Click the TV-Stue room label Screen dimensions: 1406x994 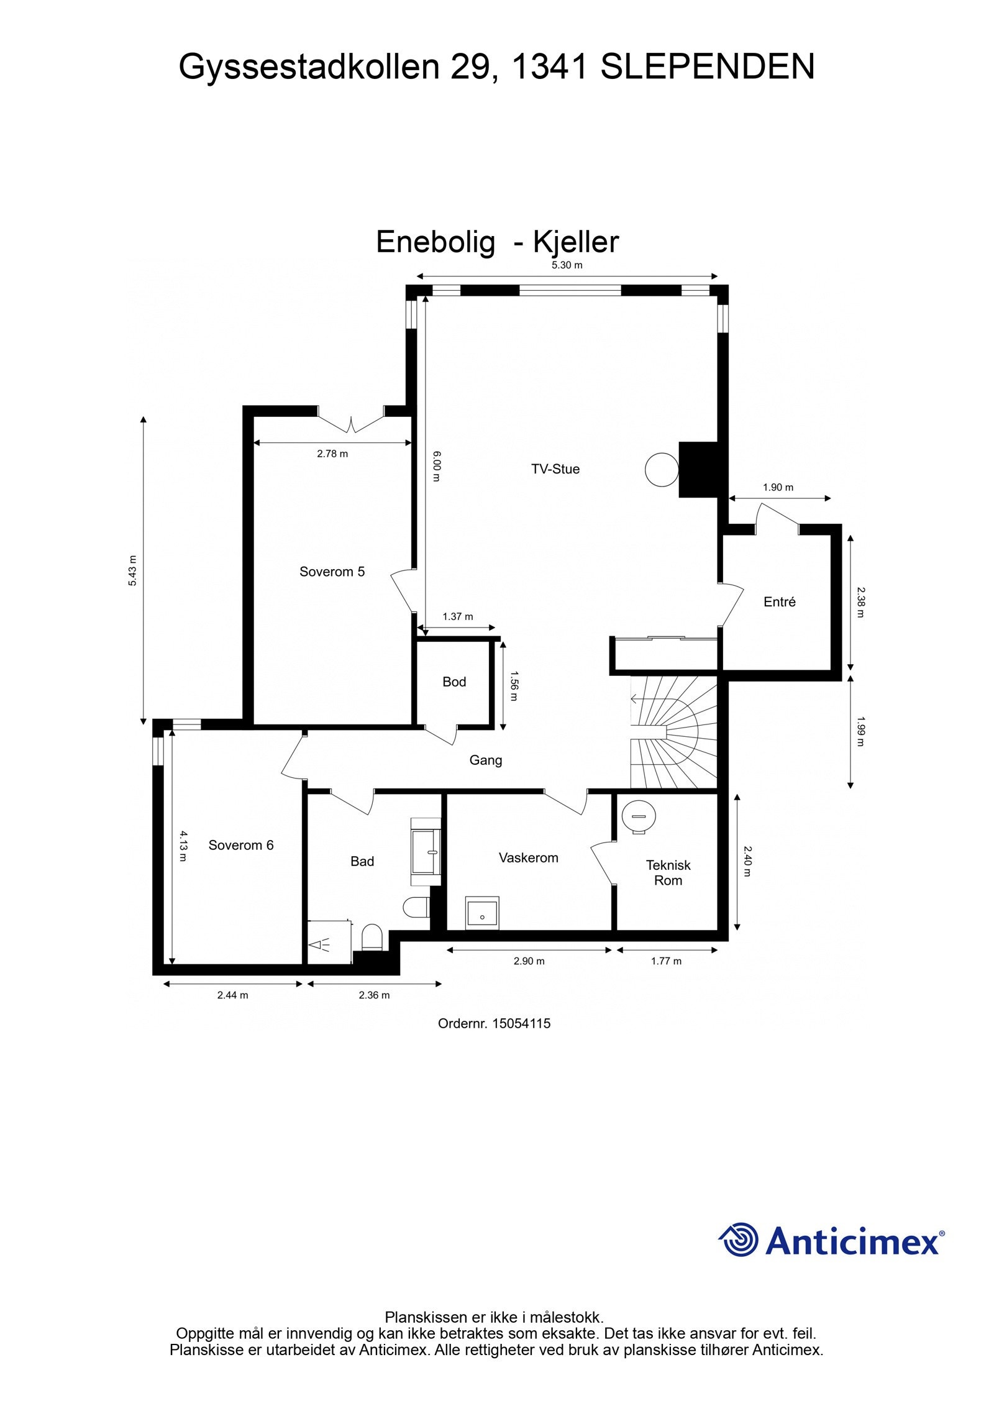point(555,469)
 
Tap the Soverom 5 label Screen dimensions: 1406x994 point(332,572)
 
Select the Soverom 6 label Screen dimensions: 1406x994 point(240,845)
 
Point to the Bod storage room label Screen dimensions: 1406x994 point(454,682)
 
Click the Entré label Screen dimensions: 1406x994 point(779,601)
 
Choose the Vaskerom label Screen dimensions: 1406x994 point(528,857)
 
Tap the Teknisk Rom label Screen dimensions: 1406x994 point(668,872)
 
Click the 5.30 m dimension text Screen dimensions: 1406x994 point(567,265)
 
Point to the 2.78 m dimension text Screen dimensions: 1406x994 point(332,454)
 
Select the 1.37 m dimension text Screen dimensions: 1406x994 point(457,616)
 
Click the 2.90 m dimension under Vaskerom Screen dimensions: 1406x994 point(529,961)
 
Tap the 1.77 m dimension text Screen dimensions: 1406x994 point(666,961)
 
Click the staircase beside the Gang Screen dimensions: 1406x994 point(674,733)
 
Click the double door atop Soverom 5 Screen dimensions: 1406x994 point(351,421)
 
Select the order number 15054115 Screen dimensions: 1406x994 point(494,1023)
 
